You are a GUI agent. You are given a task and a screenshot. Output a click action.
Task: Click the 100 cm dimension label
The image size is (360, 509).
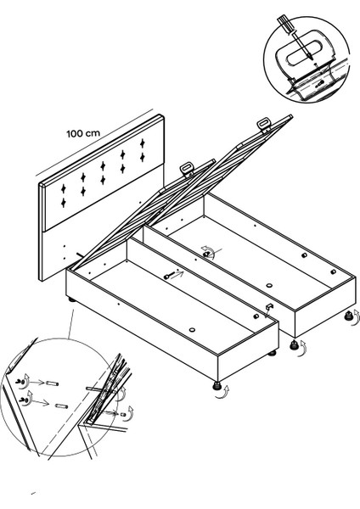[83, 133]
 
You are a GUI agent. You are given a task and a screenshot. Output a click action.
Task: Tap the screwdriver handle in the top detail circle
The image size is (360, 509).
[285, 24]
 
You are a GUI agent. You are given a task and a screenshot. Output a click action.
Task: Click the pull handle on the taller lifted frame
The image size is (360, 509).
[264, 124]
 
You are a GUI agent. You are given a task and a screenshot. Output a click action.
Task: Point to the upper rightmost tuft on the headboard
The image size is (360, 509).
[142, 143]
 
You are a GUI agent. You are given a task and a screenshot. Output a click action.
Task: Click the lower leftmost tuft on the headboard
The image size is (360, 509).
[64, 203]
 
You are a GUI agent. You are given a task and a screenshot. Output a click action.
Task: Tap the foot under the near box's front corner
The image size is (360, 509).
[217, 386]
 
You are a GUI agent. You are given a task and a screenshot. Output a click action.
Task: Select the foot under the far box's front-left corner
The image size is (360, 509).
[294, 344]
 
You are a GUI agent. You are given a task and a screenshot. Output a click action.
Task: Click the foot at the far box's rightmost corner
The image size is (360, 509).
[349, 315]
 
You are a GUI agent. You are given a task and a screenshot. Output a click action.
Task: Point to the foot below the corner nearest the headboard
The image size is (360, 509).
[71, 299]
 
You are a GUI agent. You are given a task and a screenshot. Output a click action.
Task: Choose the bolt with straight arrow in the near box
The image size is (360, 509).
[169, 277]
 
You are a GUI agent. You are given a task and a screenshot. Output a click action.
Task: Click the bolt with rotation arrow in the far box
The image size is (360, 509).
[206, 255]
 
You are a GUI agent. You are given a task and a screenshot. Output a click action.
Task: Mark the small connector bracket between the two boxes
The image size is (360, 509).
[269, 306]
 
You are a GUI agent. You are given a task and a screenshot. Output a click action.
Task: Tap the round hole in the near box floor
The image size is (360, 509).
[192, 330]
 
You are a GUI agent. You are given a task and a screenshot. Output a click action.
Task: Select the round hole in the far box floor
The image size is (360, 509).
[268, 286]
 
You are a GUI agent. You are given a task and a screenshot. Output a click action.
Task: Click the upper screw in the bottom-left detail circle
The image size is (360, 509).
[20, 382]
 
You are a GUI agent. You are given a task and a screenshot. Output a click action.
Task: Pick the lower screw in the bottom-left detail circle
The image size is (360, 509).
[23, 400]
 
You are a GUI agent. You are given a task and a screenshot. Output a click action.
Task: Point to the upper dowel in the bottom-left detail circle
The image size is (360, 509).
[52, 383]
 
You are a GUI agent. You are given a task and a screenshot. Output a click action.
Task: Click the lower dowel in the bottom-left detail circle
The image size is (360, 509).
[61, 406]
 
